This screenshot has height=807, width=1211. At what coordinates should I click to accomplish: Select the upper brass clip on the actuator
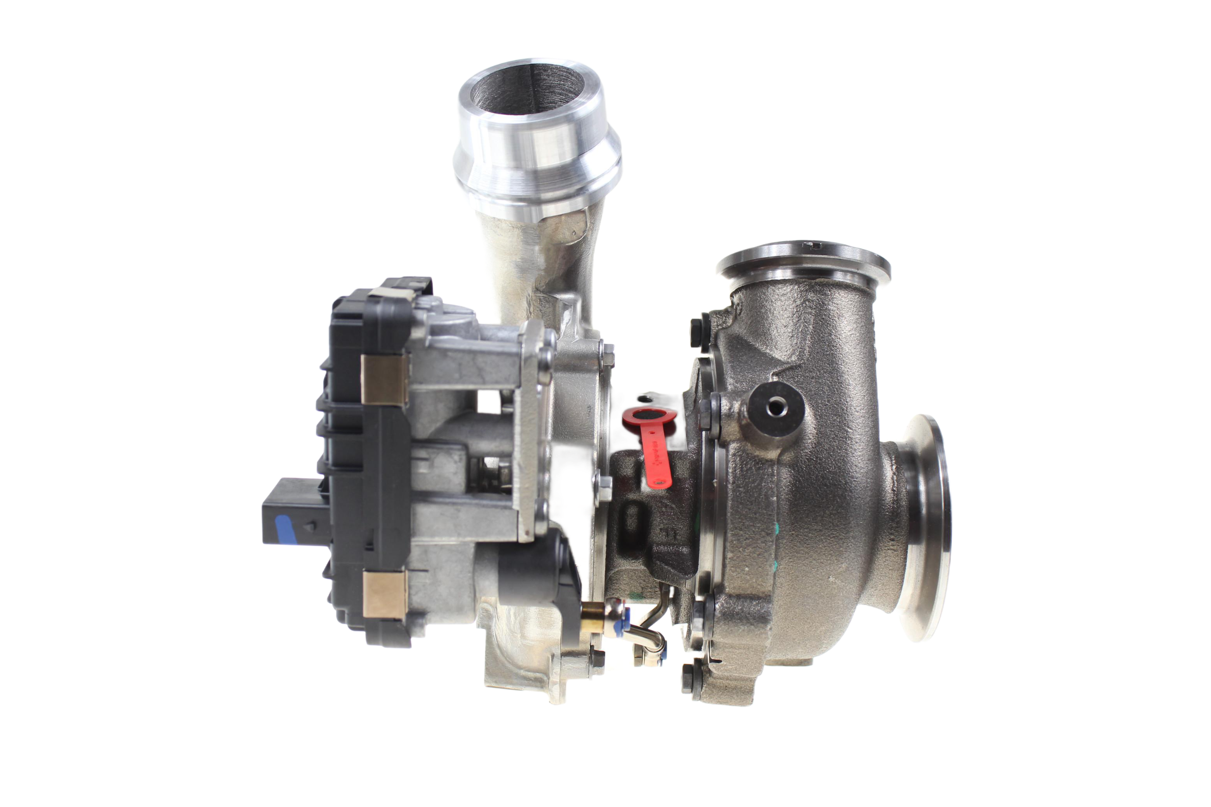pyautogui.click(x=384, y=379)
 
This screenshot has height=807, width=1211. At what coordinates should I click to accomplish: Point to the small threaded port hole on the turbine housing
pyautogui.click(x=775, y=408)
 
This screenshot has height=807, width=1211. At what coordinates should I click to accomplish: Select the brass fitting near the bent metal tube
pyautogui.click(x=592, y=616)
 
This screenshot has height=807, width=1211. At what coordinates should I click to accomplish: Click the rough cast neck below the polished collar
pyautogui.click(x=535, y=257)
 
